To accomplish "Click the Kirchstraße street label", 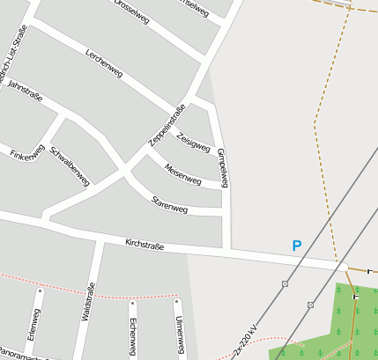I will pyautogui.click(x=145, y=245).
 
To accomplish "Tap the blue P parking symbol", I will pyautogui.click(x=297, y=246).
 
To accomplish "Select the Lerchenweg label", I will pyautogui.click(x=104, y=62).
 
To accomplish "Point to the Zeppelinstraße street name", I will pyautogui.click(x=167, y=125).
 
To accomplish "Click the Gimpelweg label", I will pyautogui.click(x=223, y=167).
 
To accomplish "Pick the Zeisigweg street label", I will pyautogui.click(x=194, y=139).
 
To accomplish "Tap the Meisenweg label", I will pyautogui.click(x=183, y=171).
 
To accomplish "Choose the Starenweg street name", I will pyautogui.click(x=170, y=206).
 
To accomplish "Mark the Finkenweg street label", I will pyautogui.click(x=26, y=155).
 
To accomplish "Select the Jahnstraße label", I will pyautogui.click(x=25, y=93).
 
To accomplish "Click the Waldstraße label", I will pyautogui.click(x=87, y=303).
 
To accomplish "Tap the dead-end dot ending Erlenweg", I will pyautogui.click(x=40, y=290).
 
